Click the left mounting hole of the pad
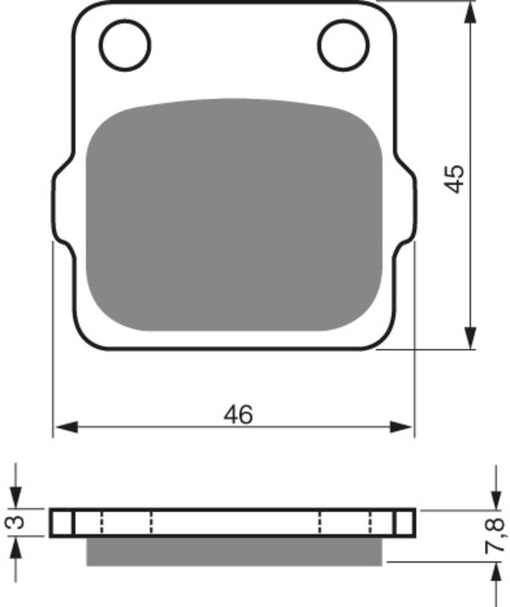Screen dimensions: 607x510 [x=125, y=44]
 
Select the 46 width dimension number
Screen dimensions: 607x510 [x=238, y=414]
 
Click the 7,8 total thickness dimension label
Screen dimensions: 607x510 [x=496, y=535]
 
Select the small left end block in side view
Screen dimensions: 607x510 [x=61, y=522]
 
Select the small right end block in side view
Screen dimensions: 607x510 [x=405, y=522]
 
